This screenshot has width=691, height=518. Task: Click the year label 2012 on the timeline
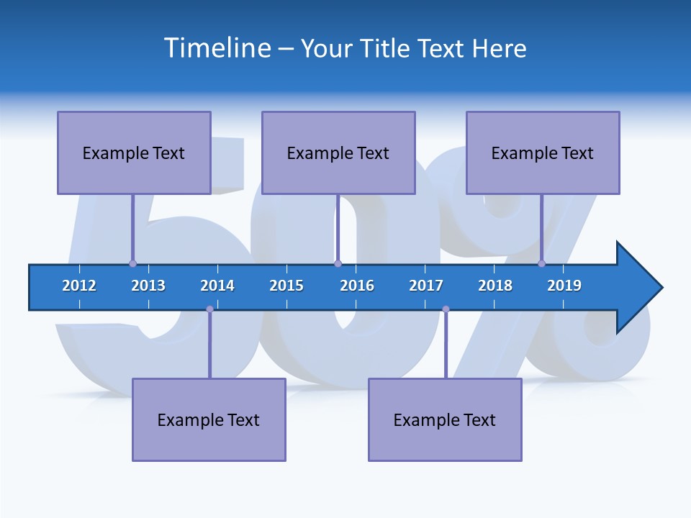79,286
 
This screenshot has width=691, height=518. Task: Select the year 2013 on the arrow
148,286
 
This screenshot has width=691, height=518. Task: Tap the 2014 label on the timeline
217,286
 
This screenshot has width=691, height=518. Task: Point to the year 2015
286,286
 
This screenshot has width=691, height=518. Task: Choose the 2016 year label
357,286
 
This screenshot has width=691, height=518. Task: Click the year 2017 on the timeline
426,286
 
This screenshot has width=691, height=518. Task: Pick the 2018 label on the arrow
495,286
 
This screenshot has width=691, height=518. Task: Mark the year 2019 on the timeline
564,286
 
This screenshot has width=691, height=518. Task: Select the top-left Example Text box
134,153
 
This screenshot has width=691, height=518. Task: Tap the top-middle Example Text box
338,153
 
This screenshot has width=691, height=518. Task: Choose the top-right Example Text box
543,153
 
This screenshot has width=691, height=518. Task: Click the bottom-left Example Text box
209,419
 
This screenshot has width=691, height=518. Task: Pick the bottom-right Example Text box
445,419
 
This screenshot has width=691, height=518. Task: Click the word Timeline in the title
216,48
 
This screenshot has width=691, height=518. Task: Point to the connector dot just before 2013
132,263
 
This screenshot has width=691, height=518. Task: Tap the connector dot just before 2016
338,263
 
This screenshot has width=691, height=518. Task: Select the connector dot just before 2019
542,263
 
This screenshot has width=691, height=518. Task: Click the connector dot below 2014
209,309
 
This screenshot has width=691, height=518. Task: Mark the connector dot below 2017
446,309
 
